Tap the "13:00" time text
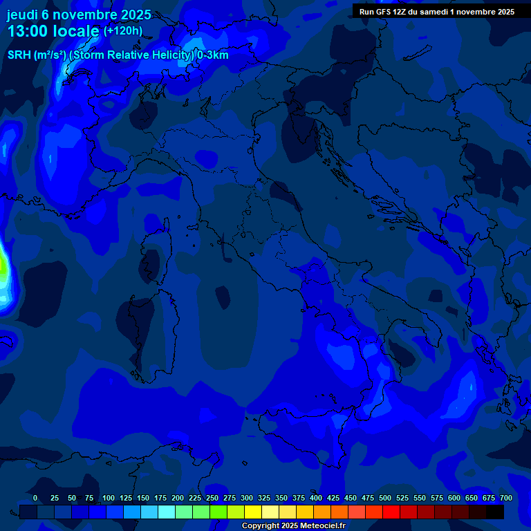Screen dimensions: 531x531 (28, 31)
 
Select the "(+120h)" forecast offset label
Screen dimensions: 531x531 (122, 31)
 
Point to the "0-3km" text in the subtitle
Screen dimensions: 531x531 (212, 55)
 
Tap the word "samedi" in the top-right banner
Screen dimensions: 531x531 (434, 12)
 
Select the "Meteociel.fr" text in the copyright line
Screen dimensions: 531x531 (323, 526)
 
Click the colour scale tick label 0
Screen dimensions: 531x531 (35, 498)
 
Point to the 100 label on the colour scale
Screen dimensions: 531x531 (109, 498)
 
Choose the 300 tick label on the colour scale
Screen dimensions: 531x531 (247, 498)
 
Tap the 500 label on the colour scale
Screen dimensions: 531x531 (385, 498)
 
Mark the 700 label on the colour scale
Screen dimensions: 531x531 (506, 498)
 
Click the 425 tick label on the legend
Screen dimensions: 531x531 (333, 498)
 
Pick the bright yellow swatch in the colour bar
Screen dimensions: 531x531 (253, 512)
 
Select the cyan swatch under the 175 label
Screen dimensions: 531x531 (167, 512)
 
